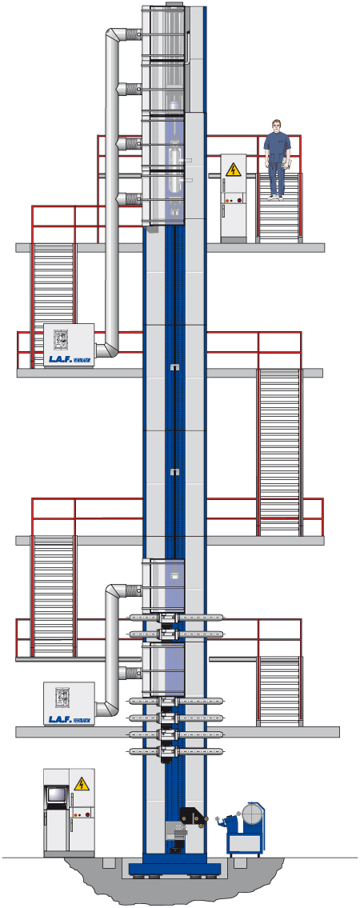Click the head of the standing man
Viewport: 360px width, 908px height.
277,126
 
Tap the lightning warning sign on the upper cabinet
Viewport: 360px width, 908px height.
234,170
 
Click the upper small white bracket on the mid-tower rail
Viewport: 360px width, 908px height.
174,366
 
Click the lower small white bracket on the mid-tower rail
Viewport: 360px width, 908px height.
174,472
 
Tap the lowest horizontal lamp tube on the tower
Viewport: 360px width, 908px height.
174,751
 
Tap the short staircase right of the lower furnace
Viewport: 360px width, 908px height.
278,690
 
